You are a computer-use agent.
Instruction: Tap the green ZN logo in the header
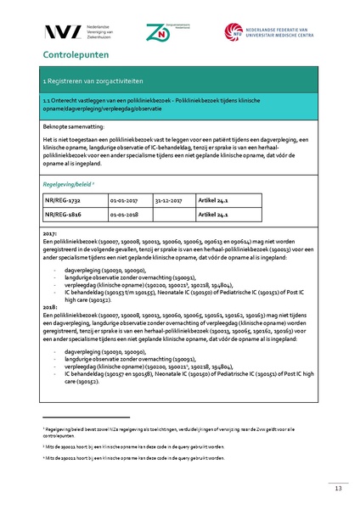158,31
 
